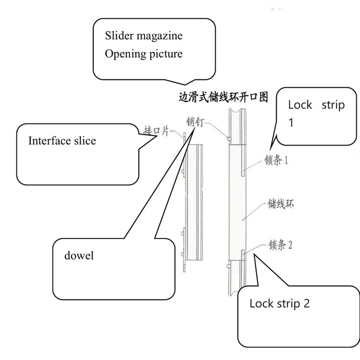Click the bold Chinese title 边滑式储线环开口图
(224, 97)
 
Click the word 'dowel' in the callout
(79, 256)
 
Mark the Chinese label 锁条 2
(280, 245)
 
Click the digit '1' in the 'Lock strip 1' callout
(291, 123)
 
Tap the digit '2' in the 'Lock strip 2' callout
(306, 303)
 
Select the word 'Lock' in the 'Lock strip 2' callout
(261, 303)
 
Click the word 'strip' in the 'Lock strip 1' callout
(333, 105)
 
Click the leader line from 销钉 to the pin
(216, 129)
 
